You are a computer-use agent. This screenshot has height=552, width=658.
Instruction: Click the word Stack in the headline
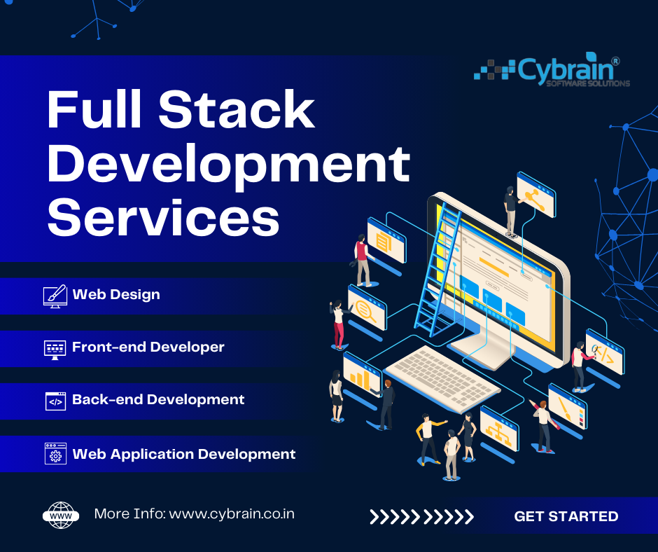pyautogui.click(x=236, y=110)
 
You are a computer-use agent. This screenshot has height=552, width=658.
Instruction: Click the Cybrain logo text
pyautogui.click(x=568, y=70)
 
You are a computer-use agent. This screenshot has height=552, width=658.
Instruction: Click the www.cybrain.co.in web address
pyautogui.click(x=232, y=514)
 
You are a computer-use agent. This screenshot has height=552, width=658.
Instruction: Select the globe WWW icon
pyautogui.click(x=60, y=515)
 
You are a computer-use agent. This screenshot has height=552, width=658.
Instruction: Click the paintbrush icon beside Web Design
pyautogui.click(x=55, y=295)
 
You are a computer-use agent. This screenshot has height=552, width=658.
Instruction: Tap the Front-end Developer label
pyautogui.click(x=148, y=347)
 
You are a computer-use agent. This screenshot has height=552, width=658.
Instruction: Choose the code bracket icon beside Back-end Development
pyautogui.click(x=55, y=401)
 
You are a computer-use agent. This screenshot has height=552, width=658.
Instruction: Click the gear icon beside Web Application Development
pyautogui.click(x=55, y=454)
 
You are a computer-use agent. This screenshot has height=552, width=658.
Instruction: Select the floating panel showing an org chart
pyautogui.click(x=499, y=429)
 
